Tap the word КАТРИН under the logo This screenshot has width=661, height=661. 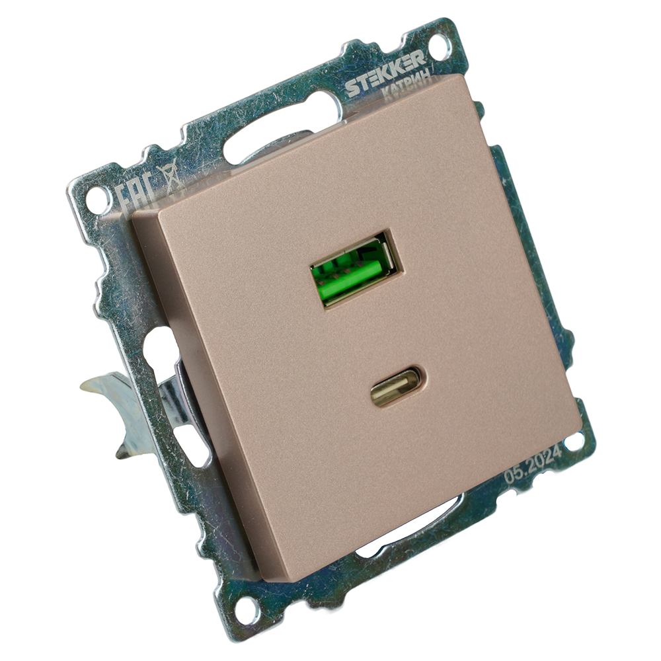[407, 82]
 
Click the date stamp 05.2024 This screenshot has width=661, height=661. [533, 465]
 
